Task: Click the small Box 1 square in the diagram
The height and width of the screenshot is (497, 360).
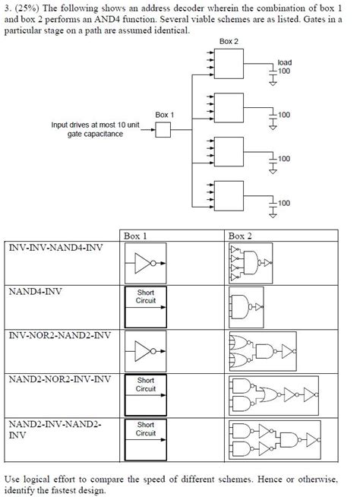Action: (163, 131)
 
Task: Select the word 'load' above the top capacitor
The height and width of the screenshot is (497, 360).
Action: (284, 62)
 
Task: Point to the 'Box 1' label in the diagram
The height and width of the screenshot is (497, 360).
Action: (165, 115)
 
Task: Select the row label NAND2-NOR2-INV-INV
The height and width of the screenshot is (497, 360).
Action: (58, 378)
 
